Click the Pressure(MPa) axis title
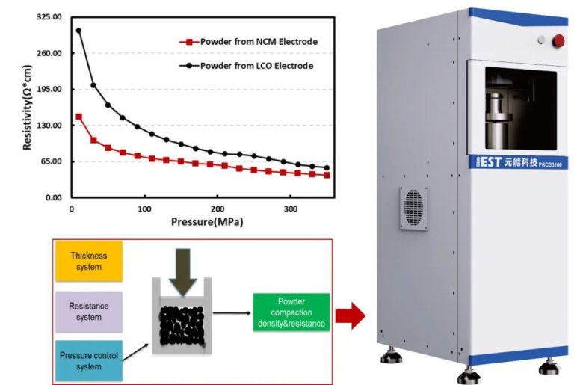[x=206, y=222]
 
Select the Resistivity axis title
[x=27, y=106]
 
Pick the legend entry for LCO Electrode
[x=247, y=66]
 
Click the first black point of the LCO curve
[x=78, y=31]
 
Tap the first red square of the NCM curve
[x=78, y=117]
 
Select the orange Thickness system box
[x=89, y=261]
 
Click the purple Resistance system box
[x=89, y=311]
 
